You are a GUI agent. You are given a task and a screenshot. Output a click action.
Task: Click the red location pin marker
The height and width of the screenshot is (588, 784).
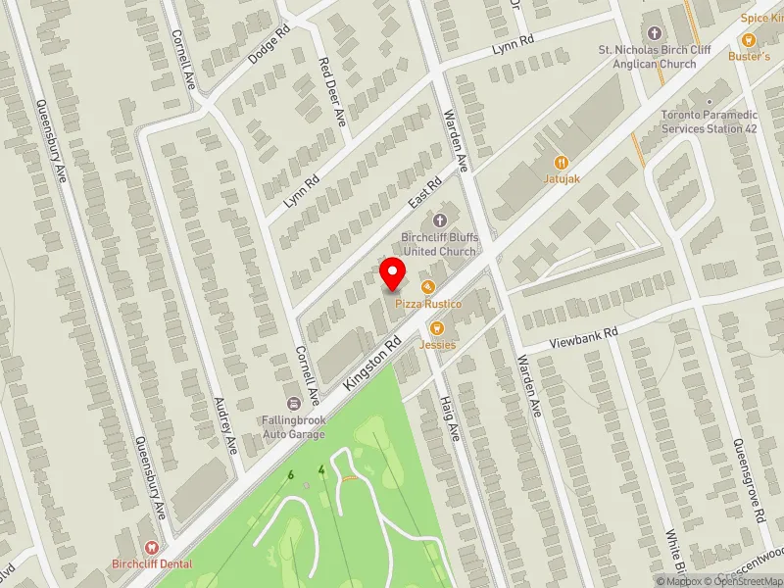(393, 273)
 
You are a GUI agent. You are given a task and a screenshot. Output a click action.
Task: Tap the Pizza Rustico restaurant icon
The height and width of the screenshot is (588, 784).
(427, 287)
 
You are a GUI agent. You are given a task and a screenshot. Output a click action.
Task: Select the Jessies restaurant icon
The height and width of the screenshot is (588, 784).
(437, 328)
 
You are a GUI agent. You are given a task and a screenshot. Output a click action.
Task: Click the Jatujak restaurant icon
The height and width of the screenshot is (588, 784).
(561, 162)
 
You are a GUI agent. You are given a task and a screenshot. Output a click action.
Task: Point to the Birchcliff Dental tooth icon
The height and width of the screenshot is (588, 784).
(151, 548)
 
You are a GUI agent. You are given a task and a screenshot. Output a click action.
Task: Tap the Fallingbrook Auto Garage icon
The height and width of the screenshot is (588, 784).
(293, 404)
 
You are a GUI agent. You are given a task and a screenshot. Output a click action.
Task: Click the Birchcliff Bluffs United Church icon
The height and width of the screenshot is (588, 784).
(438, 220)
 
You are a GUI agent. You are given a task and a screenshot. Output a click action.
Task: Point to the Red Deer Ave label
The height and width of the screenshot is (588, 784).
(333, 90)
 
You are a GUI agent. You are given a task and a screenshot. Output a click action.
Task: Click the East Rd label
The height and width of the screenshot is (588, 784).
(426, 192)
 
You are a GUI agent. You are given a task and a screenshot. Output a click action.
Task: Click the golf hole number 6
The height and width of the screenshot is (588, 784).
(290, 475)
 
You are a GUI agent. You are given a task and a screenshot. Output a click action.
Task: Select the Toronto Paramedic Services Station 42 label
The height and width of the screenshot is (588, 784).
(710, 122)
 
